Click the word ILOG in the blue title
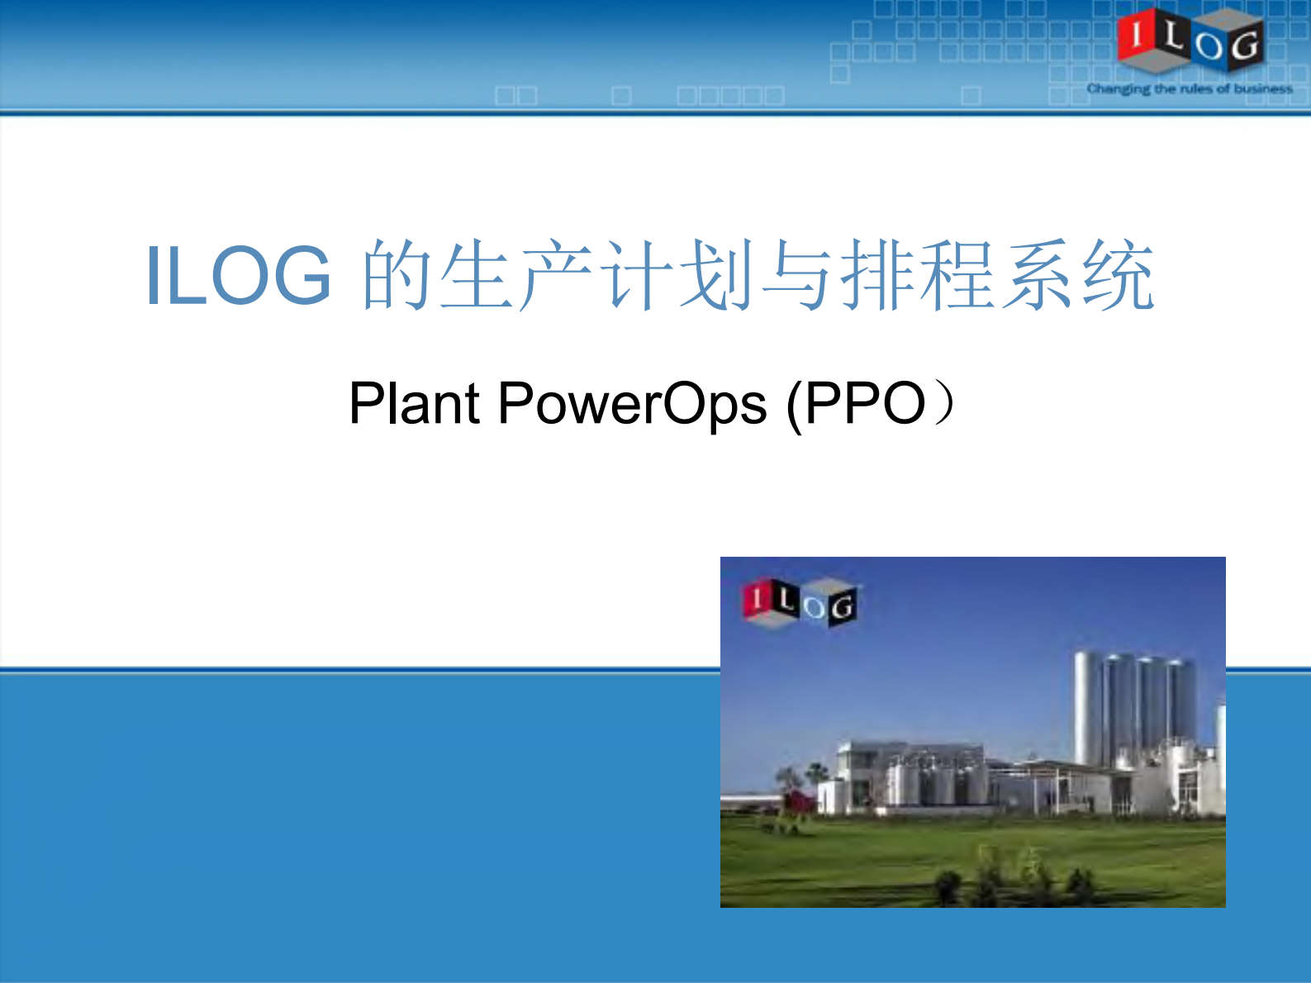point(239,276)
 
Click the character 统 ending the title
point(1119,276)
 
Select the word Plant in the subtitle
point(414,403)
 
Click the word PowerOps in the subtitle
point(632,403)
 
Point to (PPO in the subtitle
point(855,403)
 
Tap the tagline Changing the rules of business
point(1190,88)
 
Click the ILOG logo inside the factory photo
point(799,602)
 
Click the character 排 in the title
point(878,276)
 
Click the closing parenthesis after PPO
point(943,403)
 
